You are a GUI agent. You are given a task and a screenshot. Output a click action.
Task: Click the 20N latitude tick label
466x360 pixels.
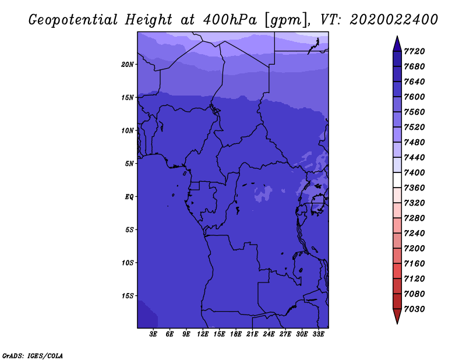(128, 64)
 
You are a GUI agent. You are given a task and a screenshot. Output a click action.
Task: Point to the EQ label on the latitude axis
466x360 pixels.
(129, 196)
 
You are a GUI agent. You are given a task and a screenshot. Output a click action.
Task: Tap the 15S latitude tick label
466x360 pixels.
(128, 296)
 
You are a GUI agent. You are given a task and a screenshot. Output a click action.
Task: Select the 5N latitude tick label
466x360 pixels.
(129, 164)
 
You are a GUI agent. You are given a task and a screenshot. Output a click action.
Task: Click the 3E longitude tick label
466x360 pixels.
(154, 334)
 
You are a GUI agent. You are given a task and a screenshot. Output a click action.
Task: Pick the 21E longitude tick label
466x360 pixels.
(252, 334)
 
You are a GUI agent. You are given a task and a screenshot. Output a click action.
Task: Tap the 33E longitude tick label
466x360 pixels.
(318, 334)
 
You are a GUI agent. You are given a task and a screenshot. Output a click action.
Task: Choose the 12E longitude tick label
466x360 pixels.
(203, 334)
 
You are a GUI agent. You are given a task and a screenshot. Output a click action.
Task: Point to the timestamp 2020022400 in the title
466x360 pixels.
(394, 20)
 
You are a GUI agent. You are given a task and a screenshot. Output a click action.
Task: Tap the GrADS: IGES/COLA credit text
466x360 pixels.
(33, 355)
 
